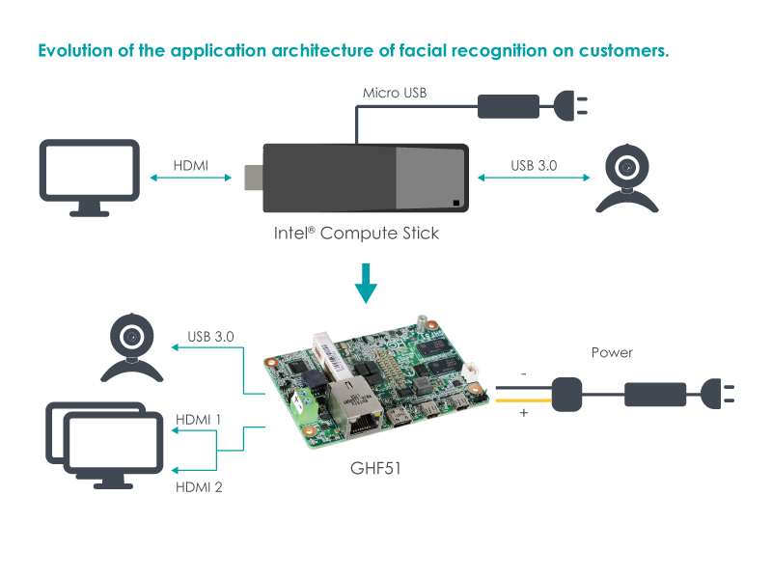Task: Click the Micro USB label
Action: (395, 93)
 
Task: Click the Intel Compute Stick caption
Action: (357, 234)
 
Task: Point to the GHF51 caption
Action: (375, 470)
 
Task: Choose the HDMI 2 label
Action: (199, 487)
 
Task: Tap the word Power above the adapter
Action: (612, 353)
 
